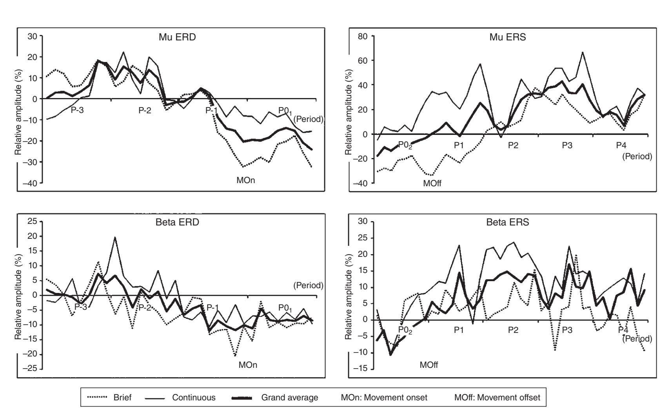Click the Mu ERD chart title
177,38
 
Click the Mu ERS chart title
508,38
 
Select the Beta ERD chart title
177,222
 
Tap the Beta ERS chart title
508,222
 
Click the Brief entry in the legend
122,398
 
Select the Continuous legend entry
194,398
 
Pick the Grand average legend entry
290,398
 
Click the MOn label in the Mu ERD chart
246,181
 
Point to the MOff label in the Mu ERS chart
432,183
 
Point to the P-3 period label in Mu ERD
77,111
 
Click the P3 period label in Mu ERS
567,145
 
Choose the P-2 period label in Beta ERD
145,307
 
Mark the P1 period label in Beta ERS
459,330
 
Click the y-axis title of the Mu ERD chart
18,112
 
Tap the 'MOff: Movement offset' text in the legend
497,398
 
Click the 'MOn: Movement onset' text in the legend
384,398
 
